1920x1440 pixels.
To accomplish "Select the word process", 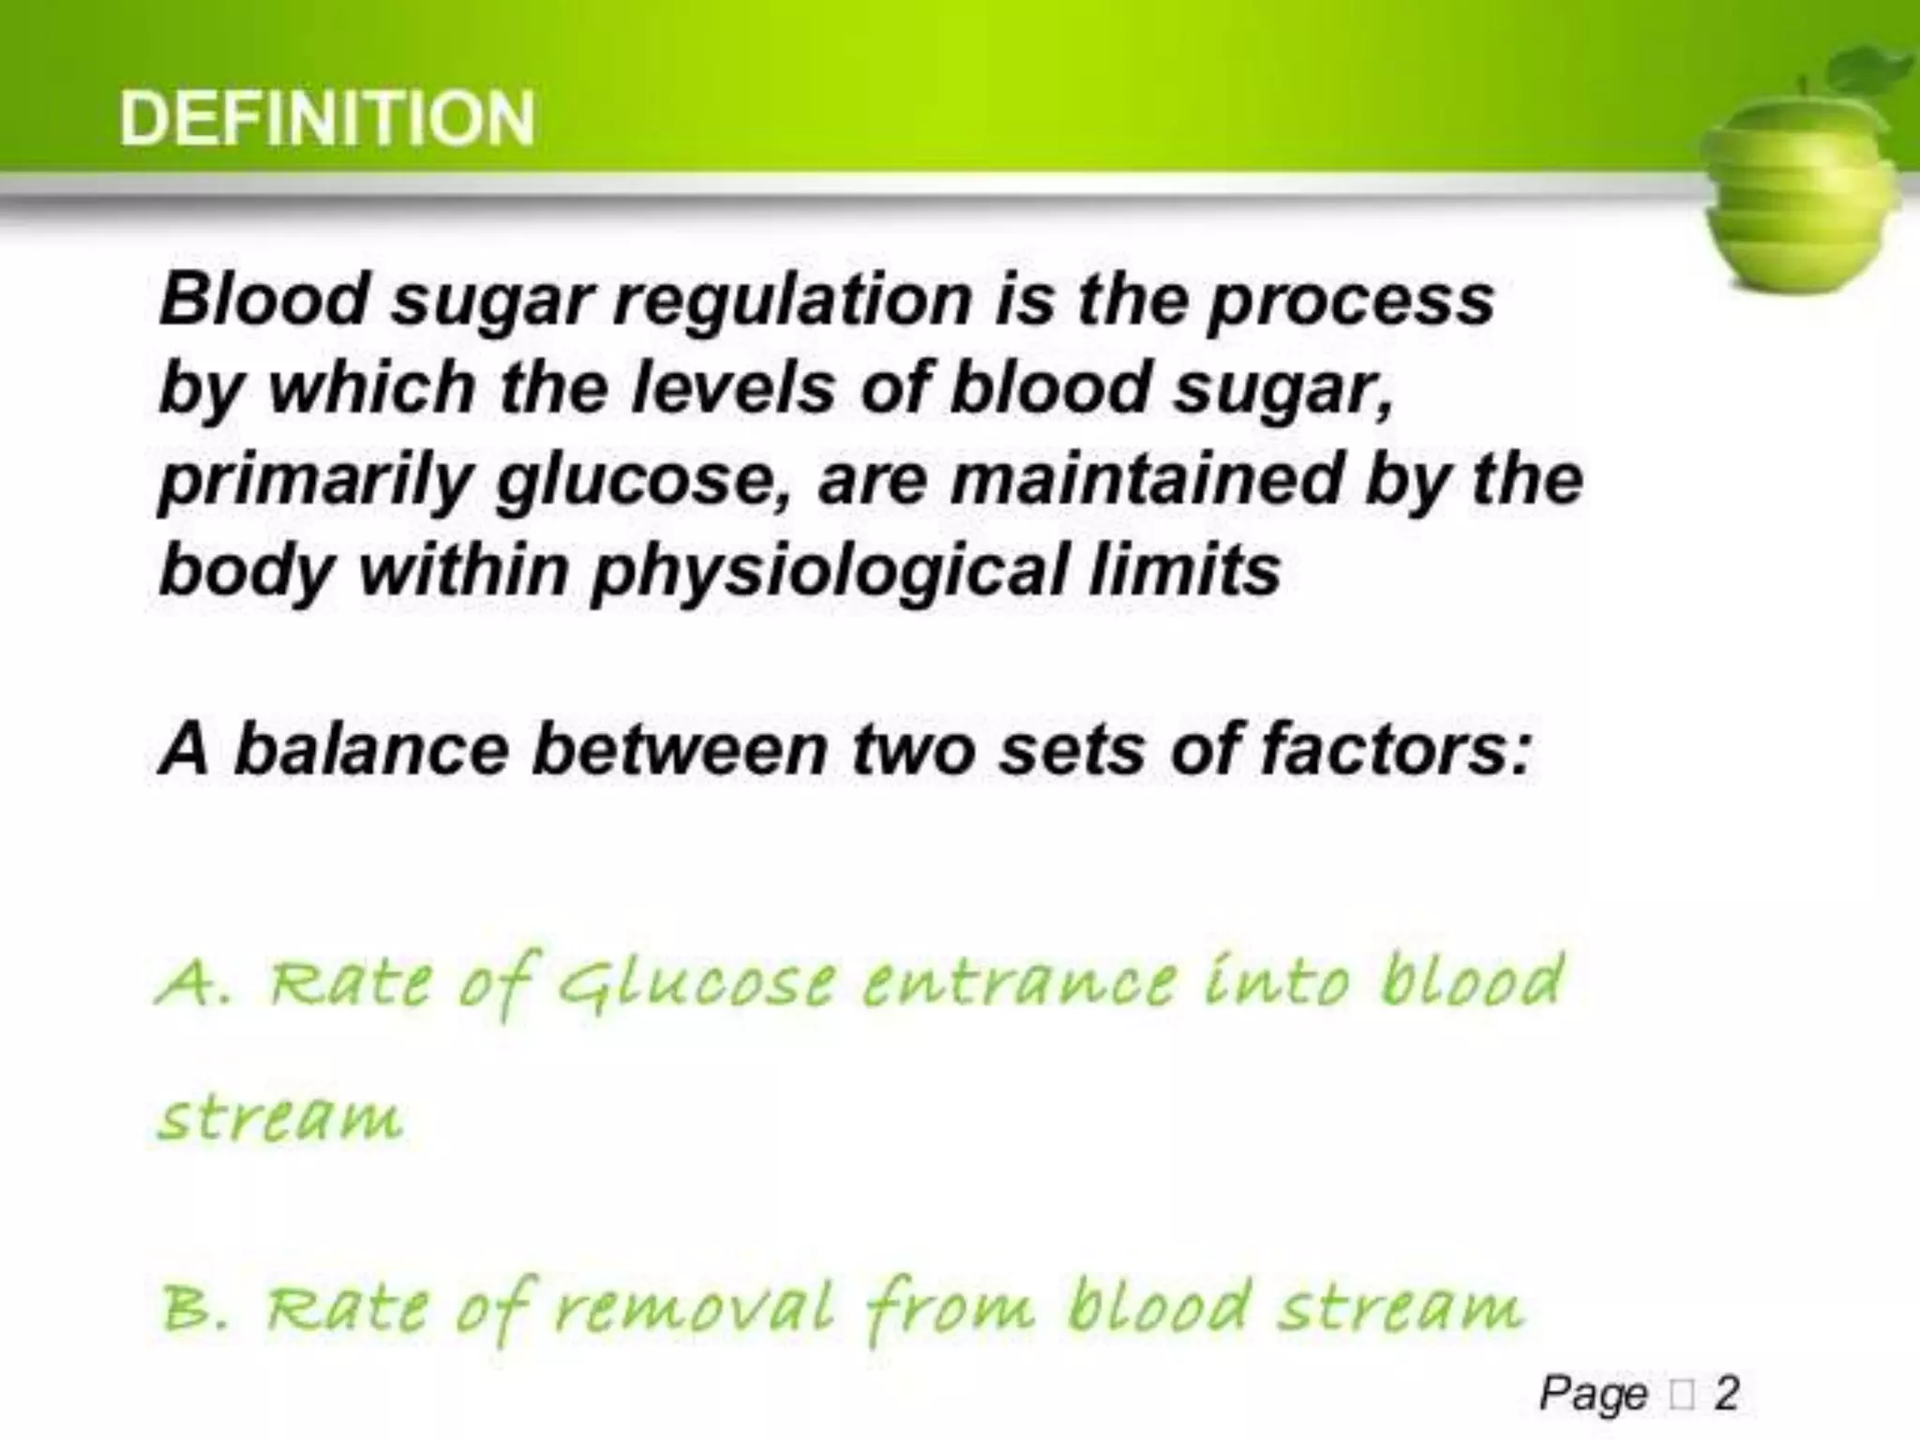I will (1351, 302).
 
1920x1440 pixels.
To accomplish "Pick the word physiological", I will (830, 571).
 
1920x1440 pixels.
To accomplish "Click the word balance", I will (371, 750).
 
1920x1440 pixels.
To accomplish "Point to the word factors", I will (1396, 750).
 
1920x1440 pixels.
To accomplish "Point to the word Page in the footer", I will (1593, 1395).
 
